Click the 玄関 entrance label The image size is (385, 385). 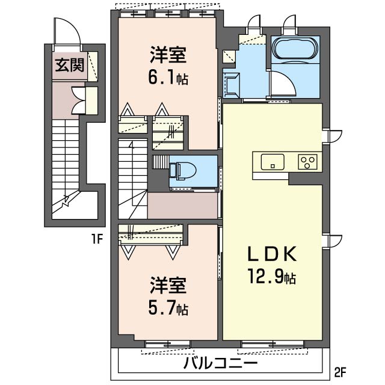[70, 66]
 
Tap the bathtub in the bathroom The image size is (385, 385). [295, 48]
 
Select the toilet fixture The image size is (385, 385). [183, 170]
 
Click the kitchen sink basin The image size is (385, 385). [273, 162]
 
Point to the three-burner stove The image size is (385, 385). [307, 162]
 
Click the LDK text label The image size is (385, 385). [272, 254]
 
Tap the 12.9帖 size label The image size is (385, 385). [272, 276]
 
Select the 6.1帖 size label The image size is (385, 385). [168, 77]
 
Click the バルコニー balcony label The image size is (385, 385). [221, 363]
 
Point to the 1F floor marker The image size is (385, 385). [97, 239]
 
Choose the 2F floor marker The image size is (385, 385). [340, 373]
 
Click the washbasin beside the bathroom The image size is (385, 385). [231, 84]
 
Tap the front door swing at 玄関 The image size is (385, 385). [67, 32]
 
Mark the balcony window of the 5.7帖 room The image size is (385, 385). [168, 344]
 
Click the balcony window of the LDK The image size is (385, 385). [273, 344]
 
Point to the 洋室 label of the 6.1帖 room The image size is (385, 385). [168, 55]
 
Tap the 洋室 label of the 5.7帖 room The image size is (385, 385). [168, 285]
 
